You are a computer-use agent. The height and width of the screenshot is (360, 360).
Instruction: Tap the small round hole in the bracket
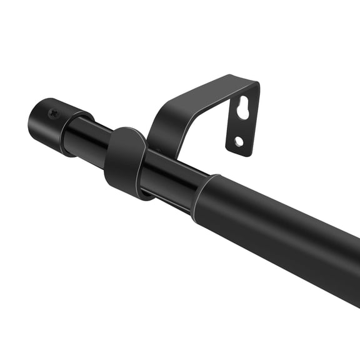pos(239,141)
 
